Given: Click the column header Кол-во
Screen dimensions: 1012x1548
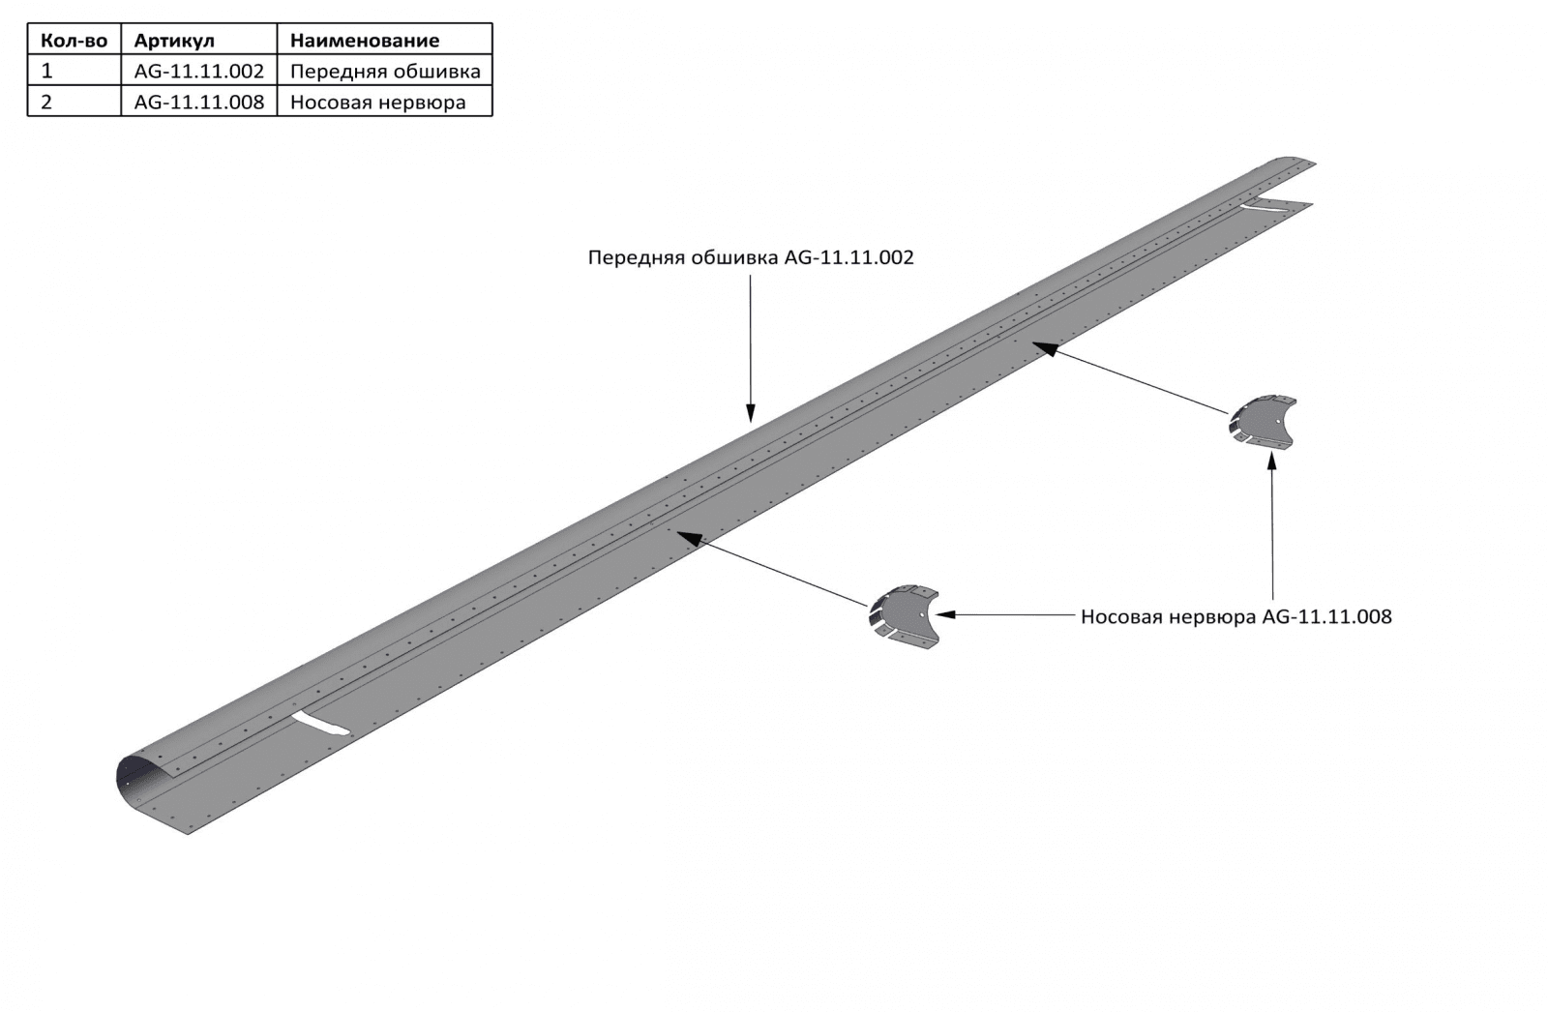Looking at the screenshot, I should [74, 40].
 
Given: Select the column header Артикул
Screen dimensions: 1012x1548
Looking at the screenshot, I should [174, 40].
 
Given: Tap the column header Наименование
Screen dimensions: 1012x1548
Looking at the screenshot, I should [365, 40].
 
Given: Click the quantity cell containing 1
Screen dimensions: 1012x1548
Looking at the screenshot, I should [47, 71].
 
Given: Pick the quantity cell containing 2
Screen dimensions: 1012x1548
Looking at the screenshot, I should [47, 102].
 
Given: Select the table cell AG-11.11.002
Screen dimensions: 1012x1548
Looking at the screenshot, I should [198, 71].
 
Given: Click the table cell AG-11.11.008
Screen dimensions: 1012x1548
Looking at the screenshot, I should [198, 102].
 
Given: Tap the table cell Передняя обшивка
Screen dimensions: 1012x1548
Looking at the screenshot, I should [384, 71].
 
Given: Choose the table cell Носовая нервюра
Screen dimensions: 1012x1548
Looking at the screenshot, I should [377, 102].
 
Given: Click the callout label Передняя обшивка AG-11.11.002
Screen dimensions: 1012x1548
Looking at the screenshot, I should [751, 257].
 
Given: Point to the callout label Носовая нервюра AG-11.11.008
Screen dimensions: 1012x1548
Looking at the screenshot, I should [1235, 616].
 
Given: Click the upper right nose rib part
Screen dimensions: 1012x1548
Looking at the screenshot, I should [1263, 423].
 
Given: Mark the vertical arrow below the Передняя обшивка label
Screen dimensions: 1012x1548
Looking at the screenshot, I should [751, 348].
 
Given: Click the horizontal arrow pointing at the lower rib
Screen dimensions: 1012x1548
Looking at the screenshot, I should [1006, 614].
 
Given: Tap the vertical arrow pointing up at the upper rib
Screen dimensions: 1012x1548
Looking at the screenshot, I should [1271, 527].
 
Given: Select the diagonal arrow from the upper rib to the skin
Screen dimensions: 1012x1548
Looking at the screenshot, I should [1132, 377].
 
